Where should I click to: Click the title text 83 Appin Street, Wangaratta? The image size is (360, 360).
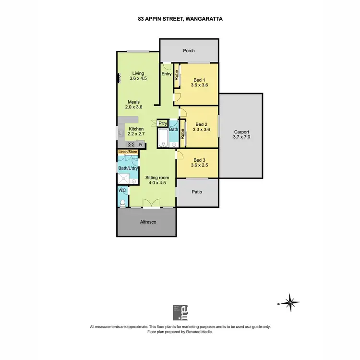click(180, 19)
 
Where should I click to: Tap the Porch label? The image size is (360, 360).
click(189, 51)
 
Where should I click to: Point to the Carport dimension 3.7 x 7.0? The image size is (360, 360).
click(242, 137)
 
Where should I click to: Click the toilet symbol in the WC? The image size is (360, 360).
click(123, 203)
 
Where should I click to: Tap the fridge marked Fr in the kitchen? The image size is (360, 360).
click(141, 144)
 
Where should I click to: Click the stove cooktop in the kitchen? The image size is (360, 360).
click(130, 144)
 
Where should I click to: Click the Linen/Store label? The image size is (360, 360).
click(128, 152)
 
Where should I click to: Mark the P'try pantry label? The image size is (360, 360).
click(163, 123)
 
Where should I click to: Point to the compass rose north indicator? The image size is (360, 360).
click(290, 302)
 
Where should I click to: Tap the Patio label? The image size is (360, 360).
click(197, 192)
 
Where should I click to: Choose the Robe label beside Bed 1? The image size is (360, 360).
click(177, 75)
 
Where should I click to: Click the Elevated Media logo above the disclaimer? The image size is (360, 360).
click(180, 312)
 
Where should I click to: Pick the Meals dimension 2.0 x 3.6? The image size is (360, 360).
click(133, 107)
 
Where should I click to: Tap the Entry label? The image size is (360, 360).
click(167, 74)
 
